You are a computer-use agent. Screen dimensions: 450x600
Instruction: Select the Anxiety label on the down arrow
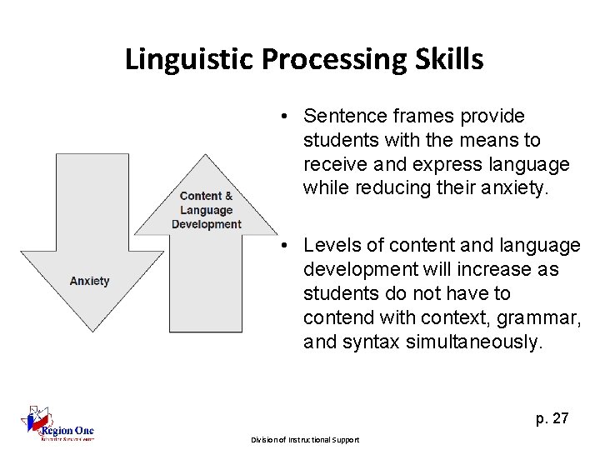(89, 282)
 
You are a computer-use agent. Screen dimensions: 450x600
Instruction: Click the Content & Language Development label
(206, 210)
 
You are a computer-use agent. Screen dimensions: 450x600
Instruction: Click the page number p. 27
(552, 418)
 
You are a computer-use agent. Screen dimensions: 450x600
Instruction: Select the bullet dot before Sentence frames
(285, 116)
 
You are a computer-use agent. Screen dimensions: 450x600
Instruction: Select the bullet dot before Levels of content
(285, 246)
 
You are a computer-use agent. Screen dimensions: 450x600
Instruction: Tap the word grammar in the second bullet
(530, 317)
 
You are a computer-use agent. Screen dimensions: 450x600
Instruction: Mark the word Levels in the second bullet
(329, 246)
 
